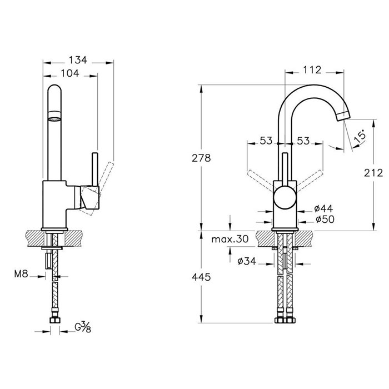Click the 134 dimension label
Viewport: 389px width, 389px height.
[x=78, y=60]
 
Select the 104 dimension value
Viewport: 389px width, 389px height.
[x=70, y=73]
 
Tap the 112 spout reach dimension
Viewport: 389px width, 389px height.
[x=312, y=70]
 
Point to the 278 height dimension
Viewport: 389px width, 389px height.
[x=201, y=158]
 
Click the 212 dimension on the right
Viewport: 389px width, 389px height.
[x=373, y=173]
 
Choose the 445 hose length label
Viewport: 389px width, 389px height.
[x=201, y=277]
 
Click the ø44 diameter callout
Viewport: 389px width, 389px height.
[x=324, y=208]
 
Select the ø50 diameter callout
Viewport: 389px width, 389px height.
[x=325, y=220]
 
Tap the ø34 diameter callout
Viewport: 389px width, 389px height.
[x=247, y=261]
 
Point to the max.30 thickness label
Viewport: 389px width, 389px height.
[x=230, y=239]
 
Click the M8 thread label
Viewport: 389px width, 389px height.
[x=21, y=274]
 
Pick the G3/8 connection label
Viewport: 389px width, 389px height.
[x=83, y=327]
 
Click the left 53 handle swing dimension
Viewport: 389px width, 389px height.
[x=266, y=141]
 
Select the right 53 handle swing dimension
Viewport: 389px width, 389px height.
[x=303, y=141]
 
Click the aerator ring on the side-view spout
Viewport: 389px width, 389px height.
[x=54, y=116]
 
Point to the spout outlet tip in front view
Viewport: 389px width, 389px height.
[x=343, y=117]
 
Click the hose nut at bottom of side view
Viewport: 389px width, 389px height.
[x=55, y=320]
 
